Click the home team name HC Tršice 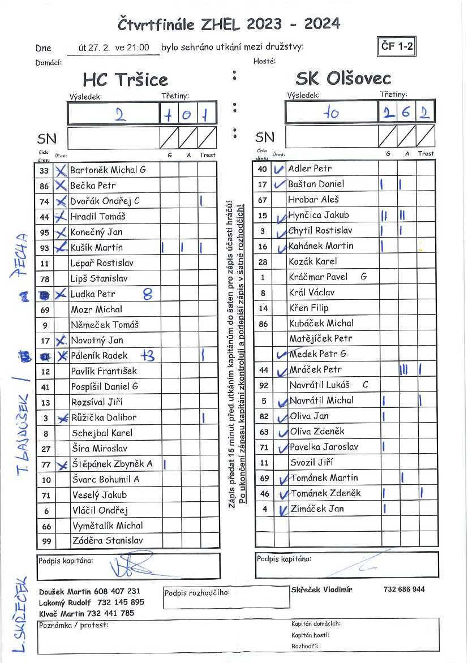point(125,79)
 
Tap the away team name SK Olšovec point(343,78)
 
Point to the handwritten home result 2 point(119,114)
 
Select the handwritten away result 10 point(331,113)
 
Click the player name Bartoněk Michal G point(108,170)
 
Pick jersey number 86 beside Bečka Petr point(45,186)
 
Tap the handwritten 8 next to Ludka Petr point(148,294)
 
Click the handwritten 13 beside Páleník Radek point(148,355)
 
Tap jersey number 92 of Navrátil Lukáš point(263,385)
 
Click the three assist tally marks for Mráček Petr point(403,369)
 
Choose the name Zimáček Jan point(316,509)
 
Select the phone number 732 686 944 point(404,589)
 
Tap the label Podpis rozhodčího point(197,593)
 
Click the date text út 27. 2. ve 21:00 point(114,48)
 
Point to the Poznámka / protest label point(74,625)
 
